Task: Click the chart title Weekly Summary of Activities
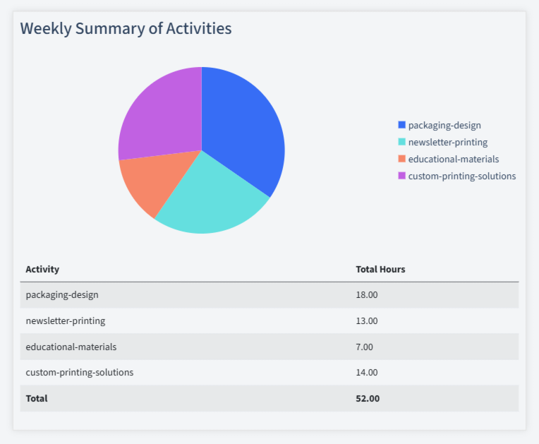click(x=126, y=29)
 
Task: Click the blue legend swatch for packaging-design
click(x=402, y=126)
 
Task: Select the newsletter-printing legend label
click(x=447, y=143)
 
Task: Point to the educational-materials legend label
click(x=453, y=160)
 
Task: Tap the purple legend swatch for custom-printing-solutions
click(x=402, y=176)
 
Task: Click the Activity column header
click(x=42, y=270)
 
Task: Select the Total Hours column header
click(x=380, y=270)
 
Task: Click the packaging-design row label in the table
click(x=62, y=295)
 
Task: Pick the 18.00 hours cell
click(x=367, y=295)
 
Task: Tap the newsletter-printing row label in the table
click(x=66, y=321)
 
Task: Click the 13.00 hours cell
click(x=367, y=321)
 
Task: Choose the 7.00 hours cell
click(x=365, y=347)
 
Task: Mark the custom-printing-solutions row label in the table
click(x=80, y=372)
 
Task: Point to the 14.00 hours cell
click(x=367, y=372)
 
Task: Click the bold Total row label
click(x=37, y=398)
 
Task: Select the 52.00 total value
click(x=368, y=398)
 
